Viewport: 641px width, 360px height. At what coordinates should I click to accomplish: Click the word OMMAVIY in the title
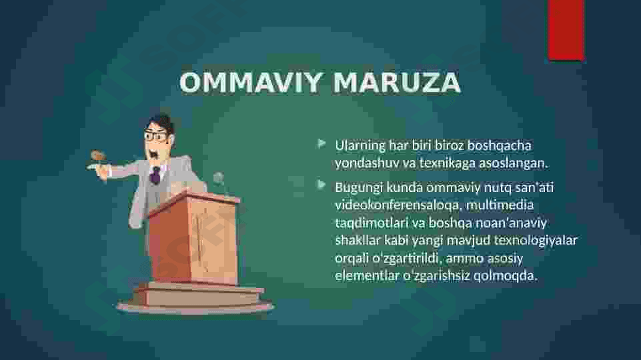click(x=251, y=82)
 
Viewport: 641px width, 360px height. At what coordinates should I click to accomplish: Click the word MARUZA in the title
click(x=397, y=82)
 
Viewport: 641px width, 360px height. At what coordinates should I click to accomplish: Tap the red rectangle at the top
click(x=566, y=29)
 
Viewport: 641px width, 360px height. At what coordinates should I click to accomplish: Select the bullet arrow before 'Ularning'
click(x=322, y=143)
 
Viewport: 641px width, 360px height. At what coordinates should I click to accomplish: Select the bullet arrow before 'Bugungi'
click(x=322, y=185)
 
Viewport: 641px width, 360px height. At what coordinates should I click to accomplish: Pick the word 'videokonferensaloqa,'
click(x=399, y=204)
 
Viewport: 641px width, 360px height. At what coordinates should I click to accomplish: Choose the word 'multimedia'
click(x=500, y=204)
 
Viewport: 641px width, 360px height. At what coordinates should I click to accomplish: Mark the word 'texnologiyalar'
click(x=535, y=240)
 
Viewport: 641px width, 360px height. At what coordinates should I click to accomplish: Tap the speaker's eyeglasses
click(x=155, y=136)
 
